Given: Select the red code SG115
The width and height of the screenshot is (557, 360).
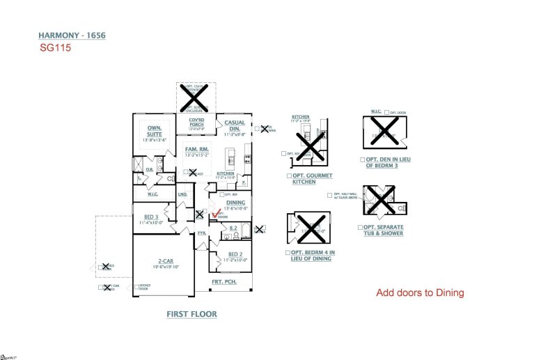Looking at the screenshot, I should (x=56, y=50).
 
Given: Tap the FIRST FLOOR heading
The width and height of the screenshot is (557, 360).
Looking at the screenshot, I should (x=191, y=314).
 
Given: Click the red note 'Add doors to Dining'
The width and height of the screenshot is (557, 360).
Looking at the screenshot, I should (x=420, y=293).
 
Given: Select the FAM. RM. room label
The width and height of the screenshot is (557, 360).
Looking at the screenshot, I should (x=196, y=149).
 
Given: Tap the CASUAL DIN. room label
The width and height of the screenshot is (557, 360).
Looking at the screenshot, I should (x=235, y=125).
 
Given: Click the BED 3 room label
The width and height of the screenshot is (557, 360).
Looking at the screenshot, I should (x=152, y=217).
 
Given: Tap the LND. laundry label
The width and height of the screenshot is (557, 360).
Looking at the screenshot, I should (x=182, y=195).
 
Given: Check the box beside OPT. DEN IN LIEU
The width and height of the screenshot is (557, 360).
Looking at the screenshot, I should (x=363, y=159).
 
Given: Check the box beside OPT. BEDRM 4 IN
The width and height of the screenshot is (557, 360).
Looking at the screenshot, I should (x=288, y=252).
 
